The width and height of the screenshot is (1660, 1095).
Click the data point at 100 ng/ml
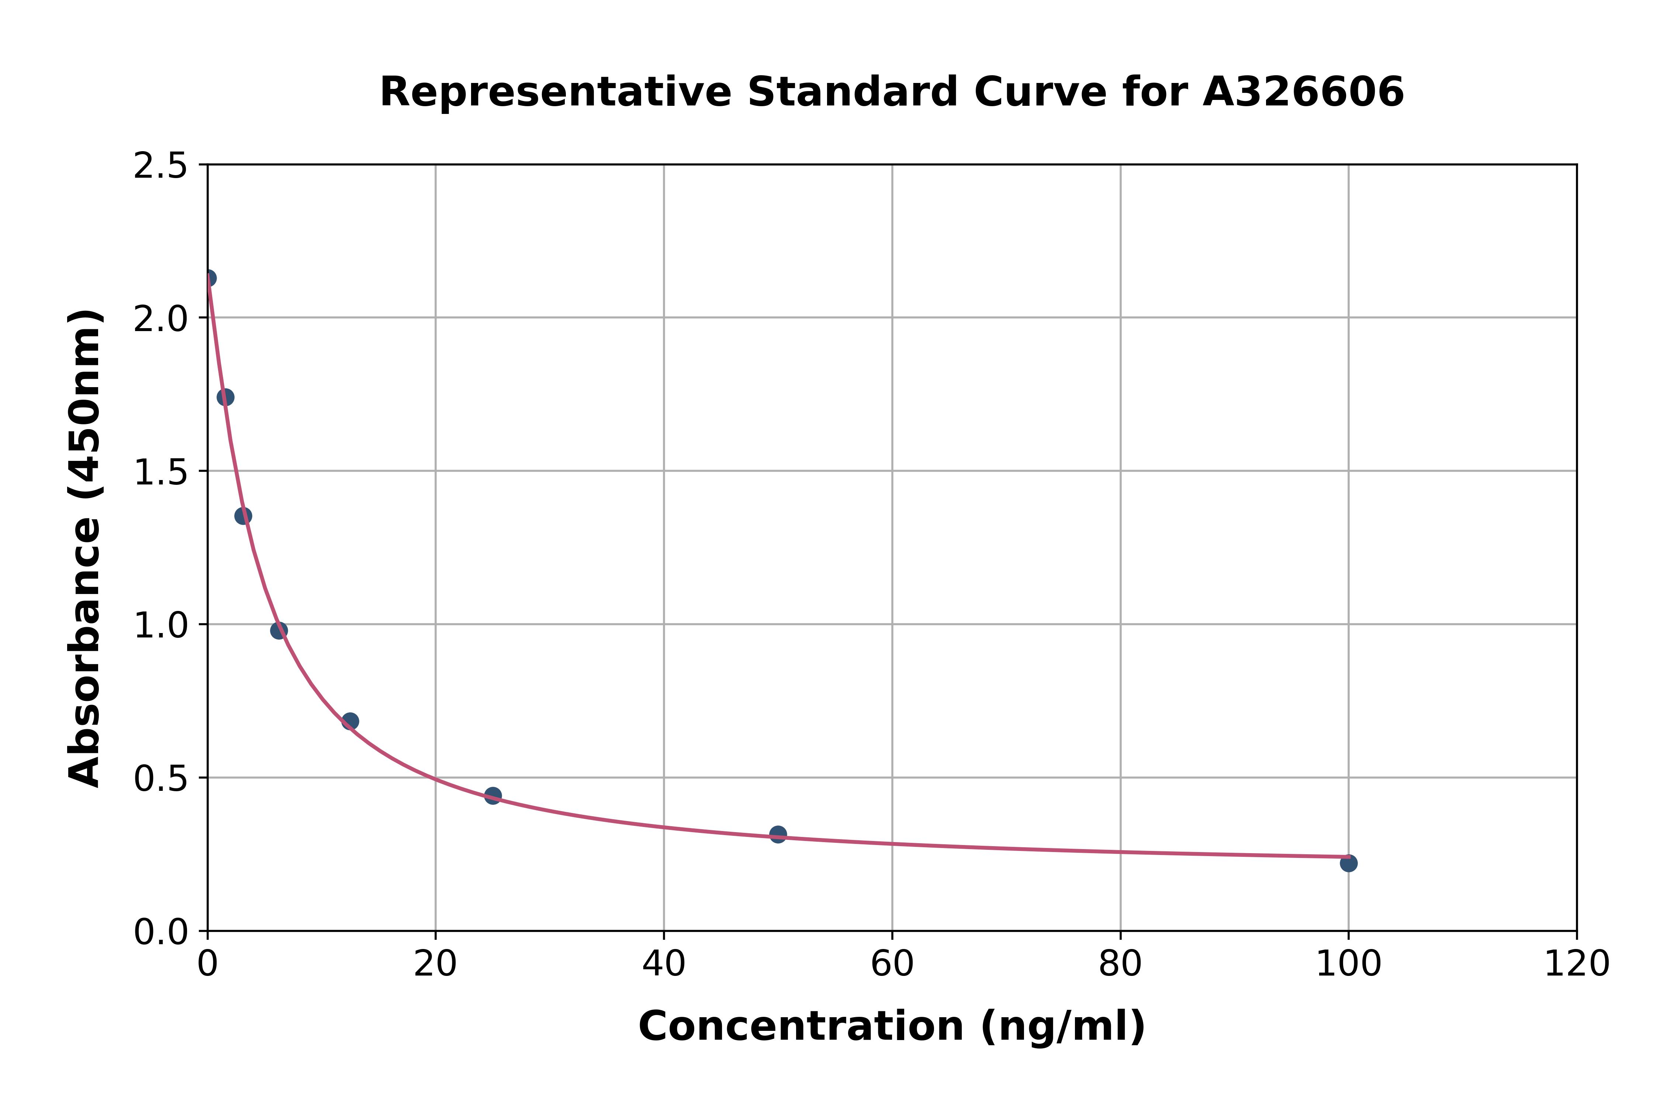[x=1348, y=863]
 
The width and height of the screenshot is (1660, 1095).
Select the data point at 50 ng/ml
[x=778, y=834]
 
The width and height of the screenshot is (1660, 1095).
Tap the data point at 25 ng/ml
[x=493, y=795]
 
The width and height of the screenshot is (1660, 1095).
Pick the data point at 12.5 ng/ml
[x=350, y=721]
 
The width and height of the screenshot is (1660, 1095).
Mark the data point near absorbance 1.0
[x=279, y=630]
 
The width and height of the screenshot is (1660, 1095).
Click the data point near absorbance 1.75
[x=225, y=397]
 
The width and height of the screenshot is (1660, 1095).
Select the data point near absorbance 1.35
[x=243, y=516]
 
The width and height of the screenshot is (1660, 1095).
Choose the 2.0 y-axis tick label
[x=161, y=319]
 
